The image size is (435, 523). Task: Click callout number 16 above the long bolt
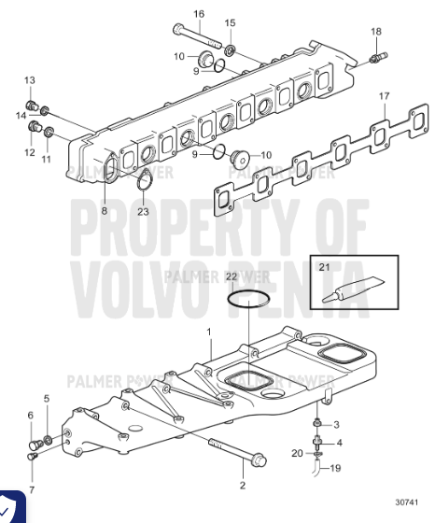[199, 14]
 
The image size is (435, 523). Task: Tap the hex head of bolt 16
[177, 29]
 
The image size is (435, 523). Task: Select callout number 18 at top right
[376, 32]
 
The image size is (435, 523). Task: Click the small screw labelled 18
[378, 58]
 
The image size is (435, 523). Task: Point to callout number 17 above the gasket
[384, 96]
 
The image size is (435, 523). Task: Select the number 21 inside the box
[324, 267]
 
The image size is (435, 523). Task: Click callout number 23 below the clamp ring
[143, 211]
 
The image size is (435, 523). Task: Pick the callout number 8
[105, 211]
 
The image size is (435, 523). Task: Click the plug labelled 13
[32, 106]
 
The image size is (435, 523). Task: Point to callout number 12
[30, 152]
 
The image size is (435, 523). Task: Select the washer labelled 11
[49, 132]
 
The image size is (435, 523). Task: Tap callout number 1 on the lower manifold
[209, 332]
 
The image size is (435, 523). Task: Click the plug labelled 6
[35, 445]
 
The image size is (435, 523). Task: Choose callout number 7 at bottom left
[32, 489]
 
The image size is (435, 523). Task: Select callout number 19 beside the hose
[335, 468]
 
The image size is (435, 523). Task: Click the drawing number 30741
[407, 502]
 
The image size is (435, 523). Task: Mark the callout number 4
[340, 443]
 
